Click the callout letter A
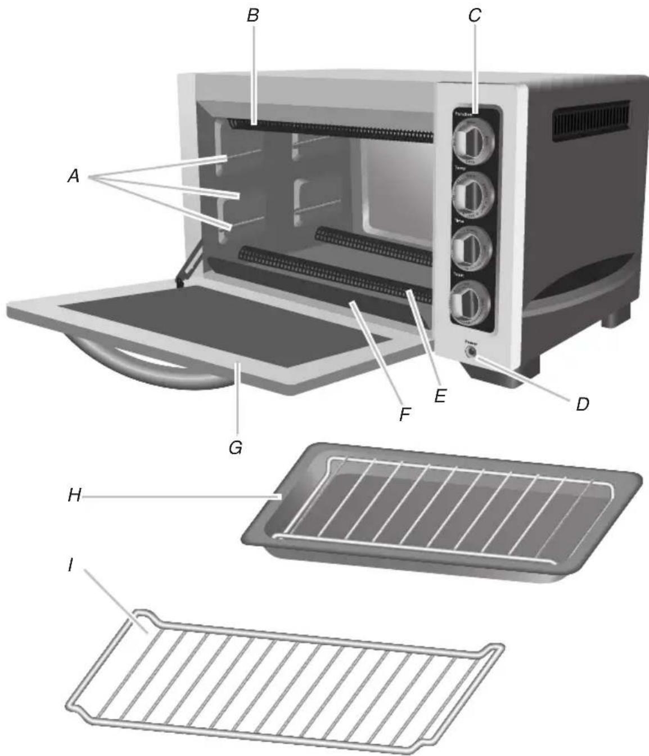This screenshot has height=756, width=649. tap(73, 177)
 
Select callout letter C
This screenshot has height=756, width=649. tap(475, 16)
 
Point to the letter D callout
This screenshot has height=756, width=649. tap(583, 404)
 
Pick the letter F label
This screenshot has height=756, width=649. tap(404, 415)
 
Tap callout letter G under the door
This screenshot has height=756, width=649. tap(236, 448)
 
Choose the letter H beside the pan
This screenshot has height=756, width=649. tap(74, 495)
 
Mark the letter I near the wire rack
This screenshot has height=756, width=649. tap(70, 565)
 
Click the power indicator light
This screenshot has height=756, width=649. tap(468, 352)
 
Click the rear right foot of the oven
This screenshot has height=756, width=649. tap(615, 316)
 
